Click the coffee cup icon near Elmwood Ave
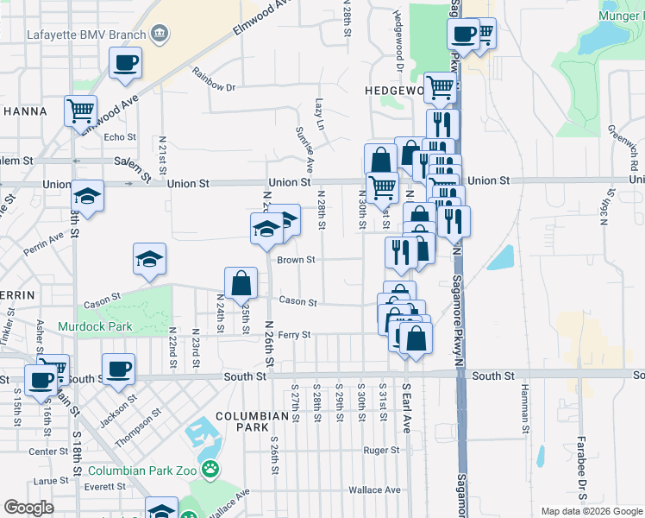[126, 63]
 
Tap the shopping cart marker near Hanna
[80, 111]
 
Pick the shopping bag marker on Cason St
[241, 282]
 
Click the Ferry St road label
[293, 334]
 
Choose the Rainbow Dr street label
[214, 80]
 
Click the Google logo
[28, 508]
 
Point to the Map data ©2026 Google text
[591, 511]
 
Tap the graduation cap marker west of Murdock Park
[149, 258]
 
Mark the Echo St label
[120, 137]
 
